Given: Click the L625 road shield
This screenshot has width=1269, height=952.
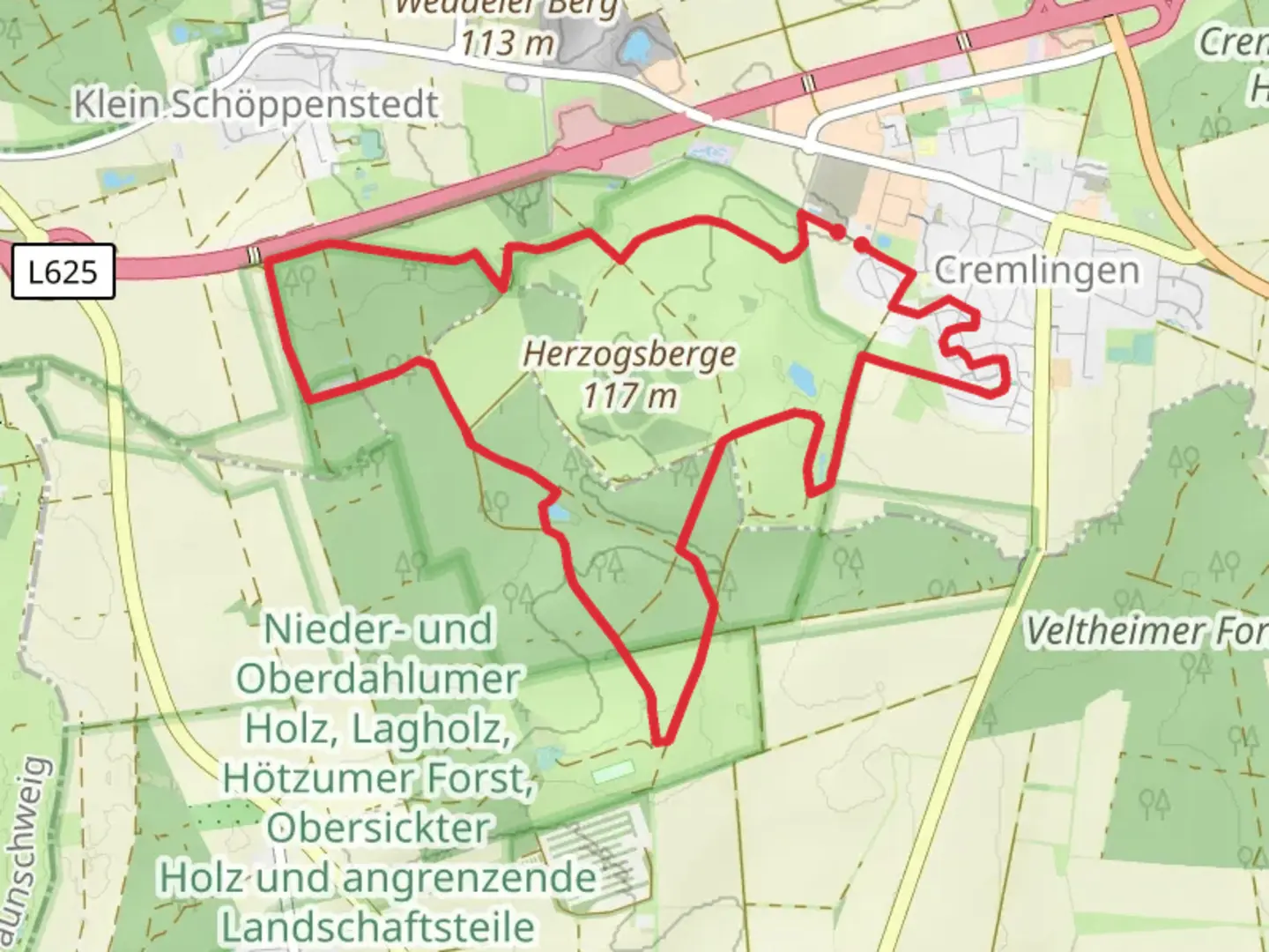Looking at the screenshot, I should point(63,271).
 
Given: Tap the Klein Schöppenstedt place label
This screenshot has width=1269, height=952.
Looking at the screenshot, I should point(256,105).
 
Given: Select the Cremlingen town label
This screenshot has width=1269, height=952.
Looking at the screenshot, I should point(1036,270).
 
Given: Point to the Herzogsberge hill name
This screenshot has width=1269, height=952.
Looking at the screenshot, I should point(629,354).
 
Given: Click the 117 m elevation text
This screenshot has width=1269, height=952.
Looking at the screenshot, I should point(629,396).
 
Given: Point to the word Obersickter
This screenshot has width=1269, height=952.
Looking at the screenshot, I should point(379,828).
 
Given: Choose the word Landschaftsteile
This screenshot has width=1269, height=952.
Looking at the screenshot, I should point(377,926).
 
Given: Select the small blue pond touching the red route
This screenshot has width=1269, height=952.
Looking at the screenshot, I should point(557,512).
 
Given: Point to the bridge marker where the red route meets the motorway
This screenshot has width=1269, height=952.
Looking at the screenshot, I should point(255,255).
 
